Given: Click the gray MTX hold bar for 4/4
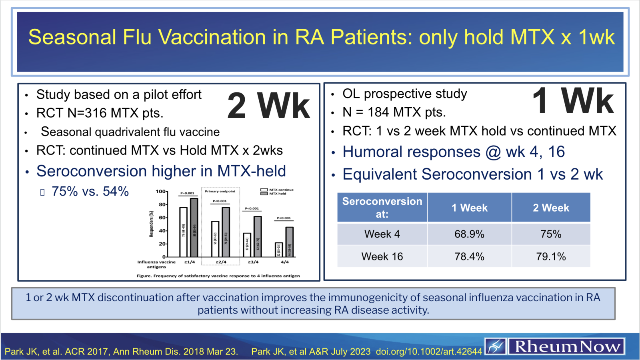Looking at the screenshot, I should click(x=289, y=242).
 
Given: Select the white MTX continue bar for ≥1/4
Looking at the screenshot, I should click(x=183, y=232).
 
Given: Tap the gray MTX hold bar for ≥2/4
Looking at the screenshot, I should click(x=226, y=232).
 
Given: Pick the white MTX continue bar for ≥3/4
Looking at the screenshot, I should click(x=247, y=245).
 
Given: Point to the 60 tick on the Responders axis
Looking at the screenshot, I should click(x=162, y=218).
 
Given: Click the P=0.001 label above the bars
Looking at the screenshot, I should click(x=187, y=193).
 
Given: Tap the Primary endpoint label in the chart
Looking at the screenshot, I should click(x=220, y=191).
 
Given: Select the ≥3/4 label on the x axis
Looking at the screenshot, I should click(x=253, y=262).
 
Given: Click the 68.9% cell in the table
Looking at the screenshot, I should click(x=469, y=234).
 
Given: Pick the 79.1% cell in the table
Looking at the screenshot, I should click(x=551, y=256).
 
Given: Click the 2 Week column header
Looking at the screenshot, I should click(x=551, y=208).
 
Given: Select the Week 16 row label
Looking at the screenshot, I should click(x=382, y=256).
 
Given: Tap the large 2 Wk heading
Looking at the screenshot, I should click(x=268, y=106).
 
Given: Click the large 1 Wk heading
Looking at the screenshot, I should click(x=573, y=101).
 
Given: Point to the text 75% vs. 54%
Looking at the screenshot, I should click(x=90, y=191).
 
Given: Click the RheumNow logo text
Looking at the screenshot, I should click(x=567, y=346).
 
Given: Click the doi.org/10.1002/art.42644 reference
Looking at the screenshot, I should click(x=429, y=352).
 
